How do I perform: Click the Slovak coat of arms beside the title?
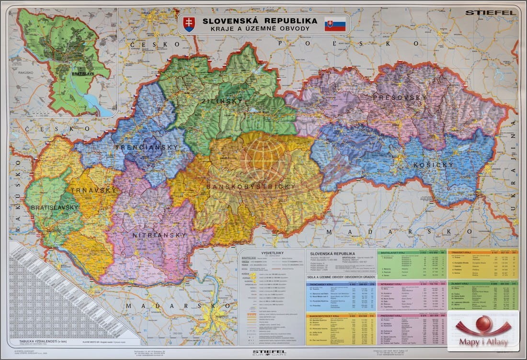(189, 24)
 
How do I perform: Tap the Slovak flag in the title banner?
(335, 24)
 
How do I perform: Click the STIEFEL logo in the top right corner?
(490, 12)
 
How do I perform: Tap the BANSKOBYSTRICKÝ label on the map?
(251, 186)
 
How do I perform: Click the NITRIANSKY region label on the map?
(160, 235)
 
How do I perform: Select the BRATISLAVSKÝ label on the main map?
(54, 207)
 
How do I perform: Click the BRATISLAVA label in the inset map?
(70, 73)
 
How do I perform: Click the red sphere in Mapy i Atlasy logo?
(483, 324)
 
